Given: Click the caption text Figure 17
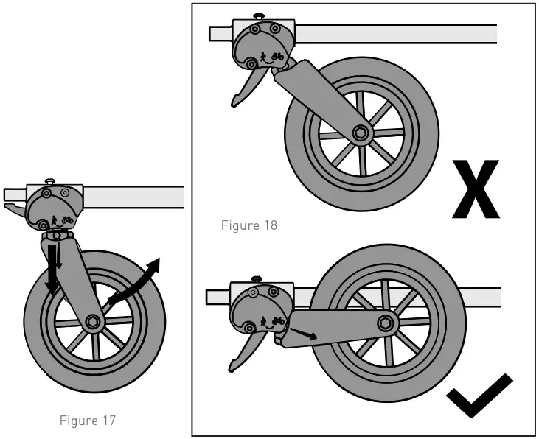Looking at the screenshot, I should pos(87,421).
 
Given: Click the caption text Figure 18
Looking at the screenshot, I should pos(249,225).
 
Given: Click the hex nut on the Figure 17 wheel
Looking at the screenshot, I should pos(93,321).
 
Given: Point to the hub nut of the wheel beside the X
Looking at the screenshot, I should pos(361,133).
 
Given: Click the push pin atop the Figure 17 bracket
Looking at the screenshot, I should pos(49,180).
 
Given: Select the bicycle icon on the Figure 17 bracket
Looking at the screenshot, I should pos(67,219).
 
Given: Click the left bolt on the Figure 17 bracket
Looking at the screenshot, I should pos(46,193).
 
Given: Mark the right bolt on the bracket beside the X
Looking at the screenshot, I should pos(276,29).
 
